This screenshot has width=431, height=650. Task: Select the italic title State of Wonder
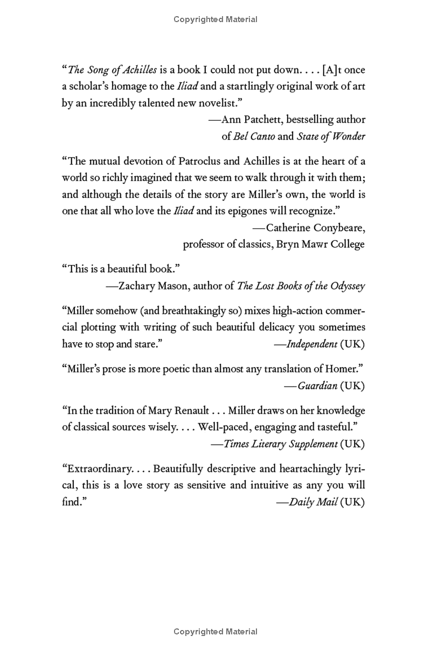click(x=331, y=136)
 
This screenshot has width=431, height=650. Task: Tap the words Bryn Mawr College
click(x=321, y=244)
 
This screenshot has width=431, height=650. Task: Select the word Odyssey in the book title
click(x=347, y=286)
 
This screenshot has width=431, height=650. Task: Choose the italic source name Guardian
click(x=317, y=385)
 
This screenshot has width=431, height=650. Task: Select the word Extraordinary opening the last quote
click(x=96, y=469)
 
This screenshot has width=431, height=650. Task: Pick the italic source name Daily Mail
click(x=314, y=502)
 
